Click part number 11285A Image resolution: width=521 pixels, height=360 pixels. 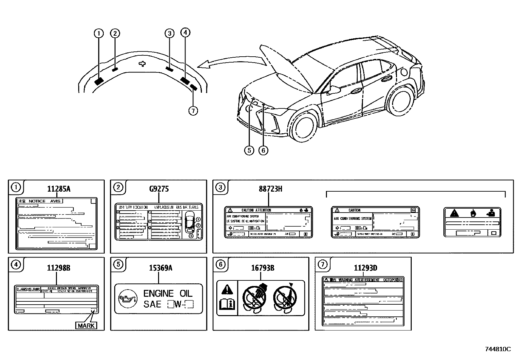[x=59, y=189]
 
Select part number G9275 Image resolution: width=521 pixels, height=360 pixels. [x=159, y=189]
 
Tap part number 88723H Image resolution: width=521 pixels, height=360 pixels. [x=270, y=189]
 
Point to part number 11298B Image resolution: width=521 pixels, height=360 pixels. [x=59, y=268]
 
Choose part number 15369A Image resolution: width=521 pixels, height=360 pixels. [x=161, y=268]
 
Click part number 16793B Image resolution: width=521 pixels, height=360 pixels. [x=262, y=268]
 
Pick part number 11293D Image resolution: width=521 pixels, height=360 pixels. [x=365, y=268]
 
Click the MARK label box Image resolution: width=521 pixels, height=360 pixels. [x=86, y=325]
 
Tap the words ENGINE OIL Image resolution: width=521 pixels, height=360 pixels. [x=168, y=294]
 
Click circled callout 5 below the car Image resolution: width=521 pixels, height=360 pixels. [x=249, y=150]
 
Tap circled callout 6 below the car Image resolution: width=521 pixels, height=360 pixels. [x=263, y=150]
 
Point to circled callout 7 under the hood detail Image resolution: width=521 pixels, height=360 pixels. [x=193, y=111]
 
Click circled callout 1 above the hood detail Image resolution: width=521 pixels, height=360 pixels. [x=99, y=33]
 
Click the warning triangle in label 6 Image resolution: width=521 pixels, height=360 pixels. [x=226, y=290]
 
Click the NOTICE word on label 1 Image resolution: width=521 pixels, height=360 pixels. [x=37, y=201]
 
